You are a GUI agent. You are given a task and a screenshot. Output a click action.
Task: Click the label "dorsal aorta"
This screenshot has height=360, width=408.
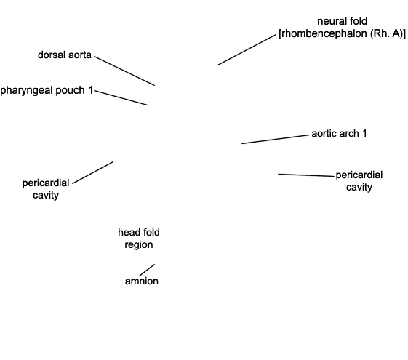65,55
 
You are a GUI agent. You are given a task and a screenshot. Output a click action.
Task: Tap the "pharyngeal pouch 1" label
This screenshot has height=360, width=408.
47,90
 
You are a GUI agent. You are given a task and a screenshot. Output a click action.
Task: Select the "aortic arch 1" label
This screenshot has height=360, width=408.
339,133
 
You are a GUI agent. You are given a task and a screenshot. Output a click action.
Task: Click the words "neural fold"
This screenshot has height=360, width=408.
342,21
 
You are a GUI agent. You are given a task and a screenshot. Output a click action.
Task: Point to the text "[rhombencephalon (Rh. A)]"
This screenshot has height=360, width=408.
342,33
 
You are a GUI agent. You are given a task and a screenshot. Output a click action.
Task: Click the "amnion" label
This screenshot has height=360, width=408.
142,281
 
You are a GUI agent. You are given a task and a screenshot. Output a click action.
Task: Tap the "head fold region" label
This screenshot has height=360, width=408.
139,239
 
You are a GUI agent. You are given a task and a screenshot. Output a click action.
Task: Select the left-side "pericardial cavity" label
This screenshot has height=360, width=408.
46,189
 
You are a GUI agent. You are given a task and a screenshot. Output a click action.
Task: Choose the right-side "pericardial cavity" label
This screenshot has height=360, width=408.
359,181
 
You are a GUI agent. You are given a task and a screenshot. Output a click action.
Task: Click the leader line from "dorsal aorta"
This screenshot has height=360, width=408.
124,71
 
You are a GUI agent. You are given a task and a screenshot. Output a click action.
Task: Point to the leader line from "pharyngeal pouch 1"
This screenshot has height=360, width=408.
121,97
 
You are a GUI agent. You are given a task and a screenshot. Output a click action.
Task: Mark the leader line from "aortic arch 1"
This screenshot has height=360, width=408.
276,139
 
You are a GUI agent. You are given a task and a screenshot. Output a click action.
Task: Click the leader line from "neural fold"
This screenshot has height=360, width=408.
247,49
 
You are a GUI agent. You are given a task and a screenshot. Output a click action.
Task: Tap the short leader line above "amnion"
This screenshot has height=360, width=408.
147,271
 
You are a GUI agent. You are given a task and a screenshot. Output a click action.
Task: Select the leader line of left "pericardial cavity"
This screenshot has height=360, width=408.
92,172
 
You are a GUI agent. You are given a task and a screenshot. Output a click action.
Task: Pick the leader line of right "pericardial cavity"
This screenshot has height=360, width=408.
306,175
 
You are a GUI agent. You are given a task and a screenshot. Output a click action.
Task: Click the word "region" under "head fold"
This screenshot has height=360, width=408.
139,245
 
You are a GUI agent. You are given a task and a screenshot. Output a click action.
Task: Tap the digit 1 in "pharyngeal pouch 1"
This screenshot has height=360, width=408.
91,90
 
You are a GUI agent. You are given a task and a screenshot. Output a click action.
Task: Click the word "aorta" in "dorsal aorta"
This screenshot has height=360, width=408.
80,55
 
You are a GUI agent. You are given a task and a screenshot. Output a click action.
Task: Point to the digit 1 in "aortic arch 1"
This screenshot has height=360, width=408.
364,133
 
